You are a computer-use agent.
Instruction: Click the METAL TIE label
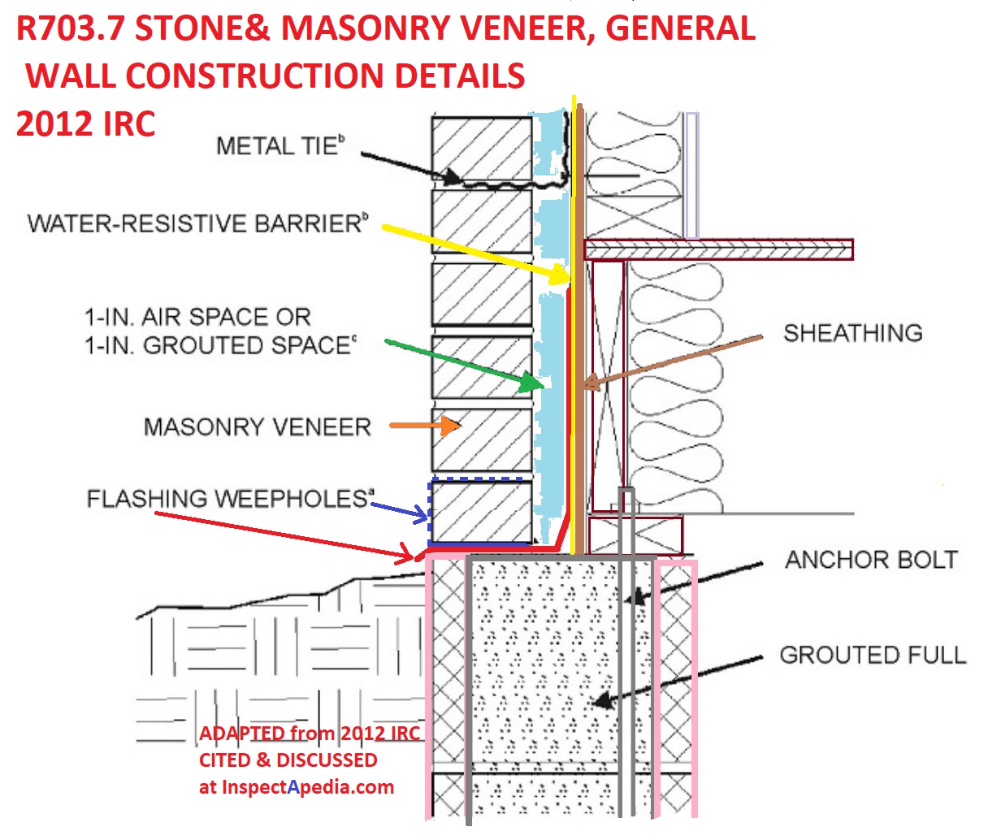[x=280, y=145]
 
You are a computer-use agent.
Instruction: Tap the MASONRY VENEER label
[x=258, y=426]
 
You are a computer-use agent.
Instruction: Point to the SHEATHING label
[x=853, y=333]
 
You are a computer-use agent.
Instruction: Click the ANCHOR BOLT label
[x=871, y=560]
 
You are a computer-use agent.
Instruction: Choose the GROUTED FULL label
[x=873, y=655]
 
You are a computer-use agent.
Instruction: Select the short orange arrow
[x=425, y=425]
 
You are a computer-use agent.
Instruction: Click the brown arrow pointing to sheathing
[x=673, y=360]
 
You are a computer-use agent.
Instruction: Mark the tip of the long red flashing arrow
[x=413, y=557]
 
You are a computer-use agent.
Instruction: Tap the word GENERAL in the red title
[x=681, y=28]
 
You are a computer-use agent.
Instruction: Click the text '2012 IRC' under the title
[x=85, y=123]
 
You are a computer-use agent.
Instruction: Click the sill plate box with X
[x=635, y=535]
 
